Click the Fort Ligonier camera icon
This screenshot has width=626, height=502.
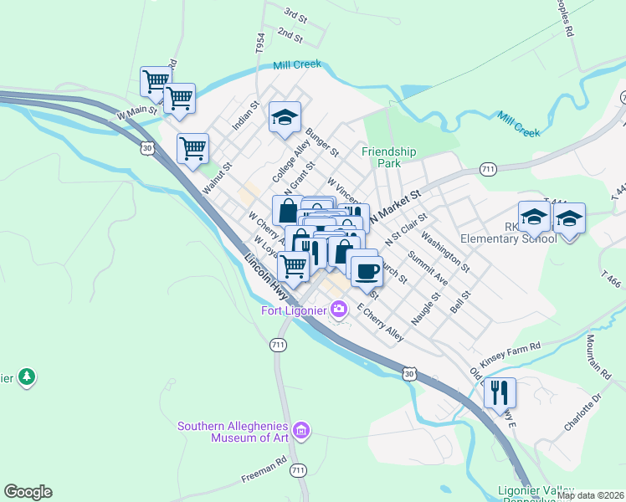point(339,310)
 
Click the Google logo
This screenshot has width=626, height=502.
point(28,492)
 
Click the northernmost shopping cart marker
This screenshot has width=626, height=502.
point(156,82)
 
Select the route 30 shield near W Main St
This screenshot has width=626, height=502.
point(147,148)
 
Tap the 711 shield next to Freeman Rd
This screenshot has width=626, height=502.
point(297,473)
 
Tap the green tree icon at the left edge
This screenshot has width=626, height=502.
point(27,377)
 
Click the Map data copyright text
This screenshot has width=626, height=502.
point(590,495)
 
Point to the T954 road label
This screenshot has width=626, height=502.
point(259,44)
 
